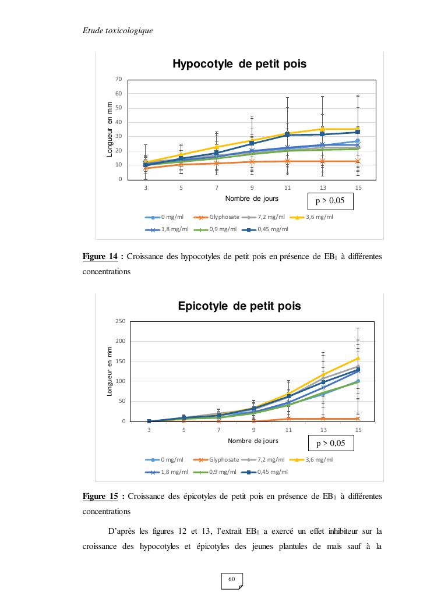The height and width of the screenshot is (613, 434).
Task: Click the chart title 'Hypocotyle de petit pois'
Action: point(239,64)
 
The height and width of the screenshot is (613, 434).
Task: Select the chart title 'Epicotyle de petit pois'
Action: point(239,306)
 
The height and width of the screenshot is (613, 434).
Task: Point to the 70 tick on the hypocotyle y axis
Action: point(118,79)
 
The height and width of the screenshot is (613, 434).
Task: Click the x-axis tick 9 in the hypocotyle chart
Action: point(252,187)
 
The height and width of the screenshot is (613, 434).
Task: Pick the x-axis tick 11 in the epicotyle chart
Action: point(288,430)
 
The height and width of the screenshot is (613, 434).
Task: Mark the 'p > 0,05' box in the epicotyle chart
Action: point(330,443)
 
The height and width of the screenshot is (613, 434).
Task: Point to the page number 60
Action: point(232,580)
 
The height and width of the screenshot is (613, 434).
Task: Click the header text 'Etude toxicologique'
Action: point(118,30)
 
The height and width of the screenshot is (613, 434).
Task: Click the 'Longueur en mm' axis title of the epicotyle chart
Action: point(110,371)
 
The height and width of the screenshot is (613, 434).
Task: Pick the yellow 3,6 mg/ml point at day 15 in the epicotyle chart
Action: point(358,358)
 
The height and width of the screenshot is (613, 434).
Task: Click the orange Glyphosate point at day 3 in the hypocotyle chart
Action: point(146,168)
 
